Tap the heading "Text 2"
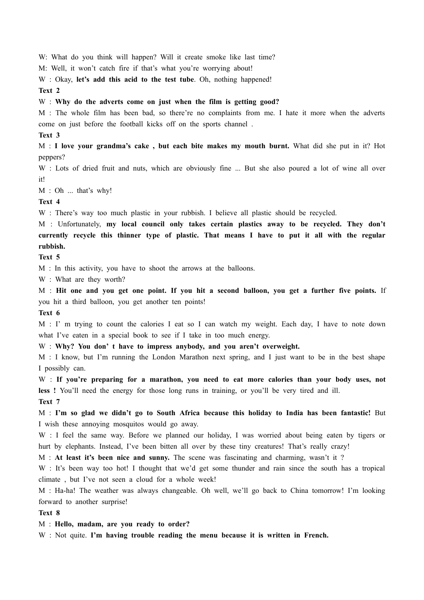(49, 91)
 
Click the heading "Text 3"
(49, 135)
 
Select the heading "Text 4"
(49, 202)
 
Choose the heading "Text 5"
(49, 257)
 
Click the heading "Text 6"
(49, 313)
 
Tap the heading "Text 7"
(49, 402)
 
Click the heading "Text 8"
(49, 513)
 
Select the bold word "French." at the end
(316, 535)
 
